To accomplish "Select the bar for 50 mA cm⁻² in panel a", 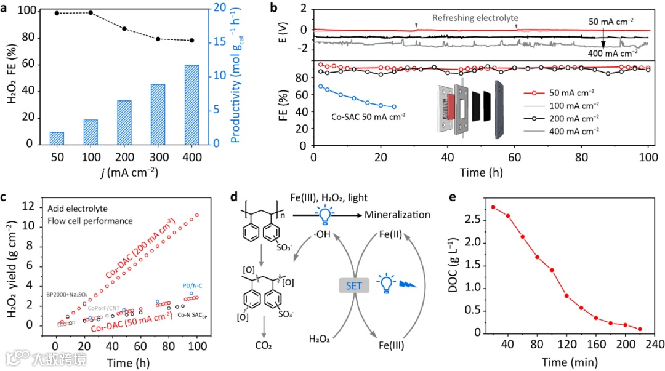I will (57, 138).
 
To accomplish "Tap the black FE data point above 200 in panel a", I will (124, 29).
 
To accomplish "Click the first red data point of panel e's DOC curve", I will (493, 207).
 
